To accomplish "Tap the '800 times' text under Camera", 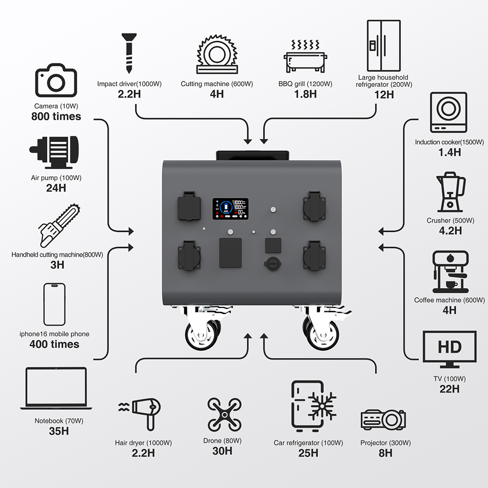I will pos(56,117).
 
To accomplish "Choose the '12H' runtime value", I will pos(383,95).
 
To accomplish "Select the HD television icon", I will pos(449,348).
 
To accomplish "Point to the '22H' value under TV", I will pos(449,389).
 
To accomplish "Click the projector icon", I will pos(384,419).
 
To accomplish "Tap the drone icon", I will pos(224,414).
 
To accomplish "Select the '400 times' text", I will pos(55,345).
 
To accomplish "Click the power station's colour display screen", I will pos(230,208).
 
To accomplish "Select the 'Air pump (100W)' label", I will pos(56,178).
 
